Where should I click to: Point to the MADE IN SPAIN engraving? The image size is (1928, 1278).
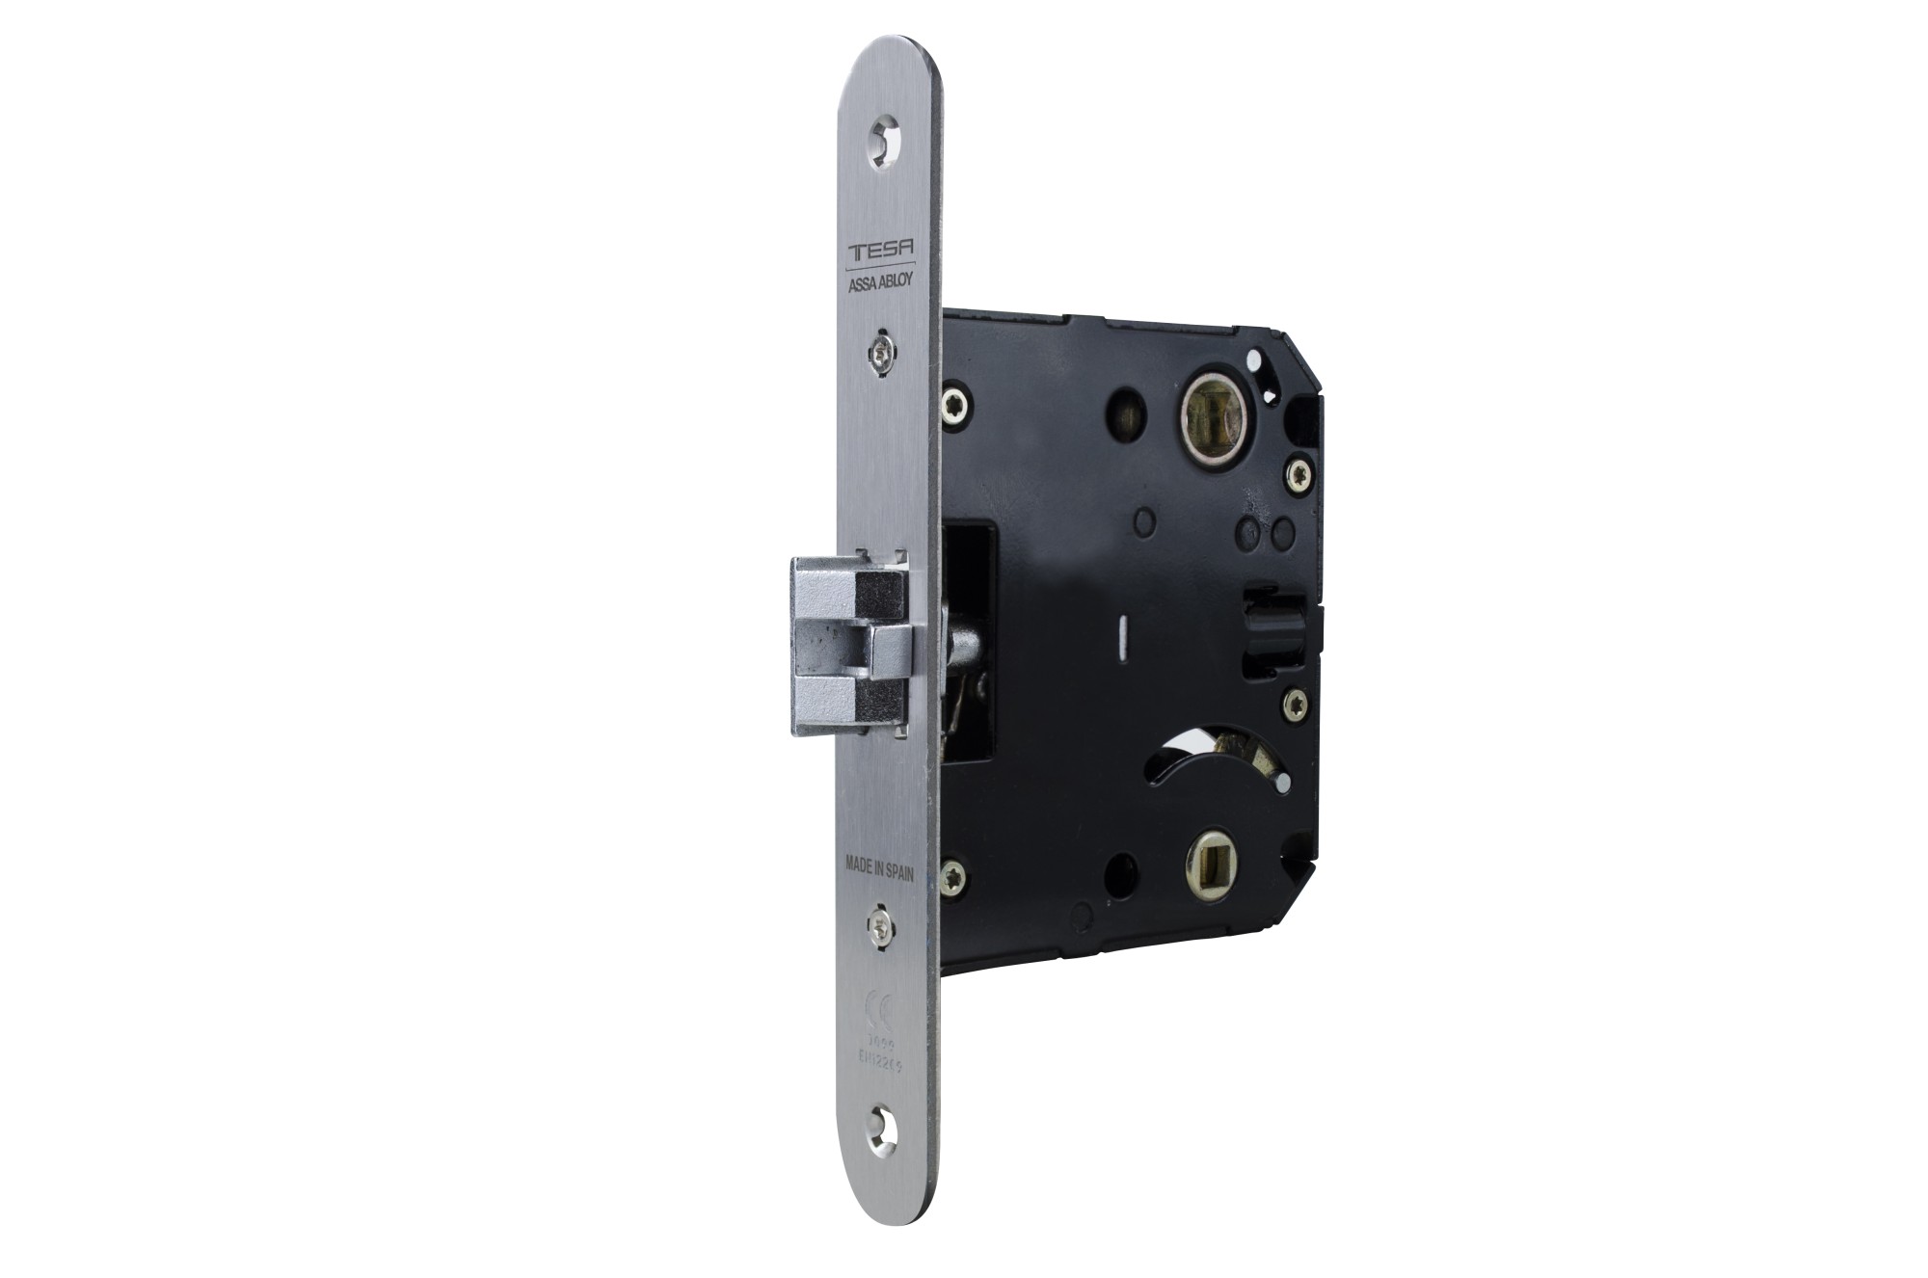(878, 865)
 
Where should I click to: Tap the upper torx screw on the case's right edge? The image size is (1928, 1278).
(1298, 473)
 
